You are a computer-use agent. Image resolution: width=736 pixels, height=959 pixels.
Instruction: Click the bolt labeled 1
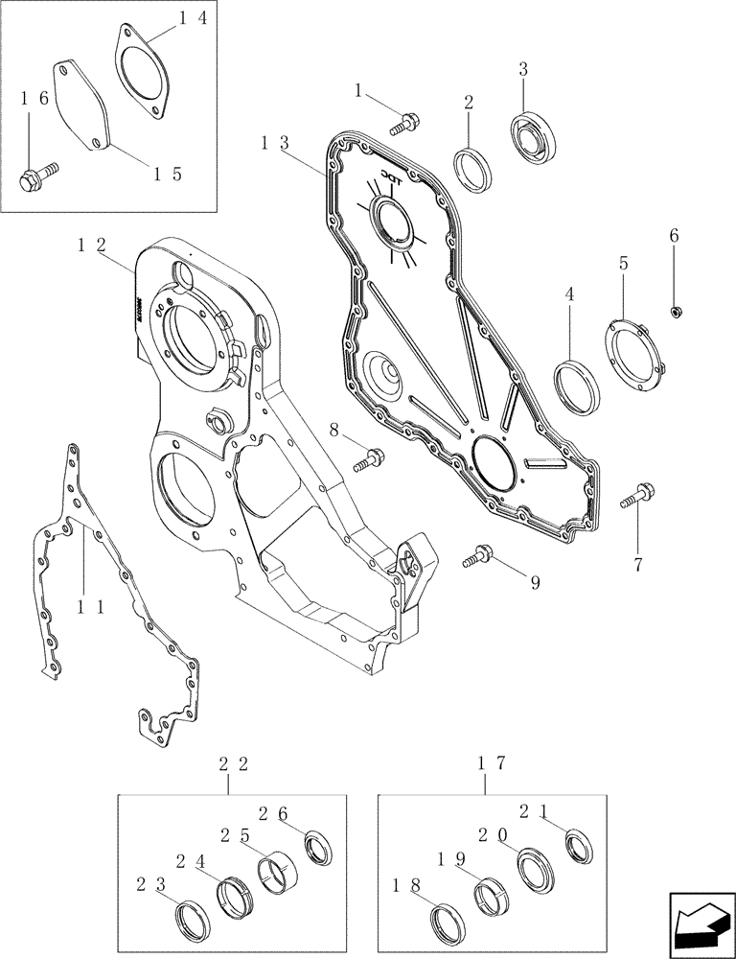point(406,122)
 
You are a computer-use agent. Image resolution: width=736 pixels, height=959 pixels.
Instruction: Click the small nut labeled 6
point(677,310)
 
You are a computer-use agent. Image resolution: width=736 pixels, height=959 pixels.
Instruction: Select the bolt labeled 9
point(478,553)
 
